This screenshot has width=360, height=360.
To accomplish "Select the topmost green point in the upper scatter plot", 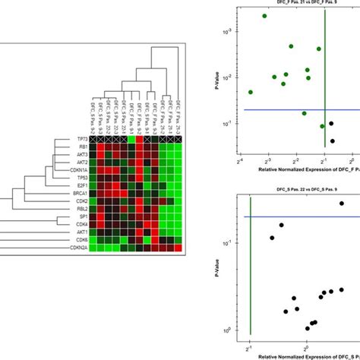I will tap(264, 16).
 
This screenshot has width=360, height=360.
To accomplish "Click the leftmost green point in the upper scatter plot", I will tap(250, 92).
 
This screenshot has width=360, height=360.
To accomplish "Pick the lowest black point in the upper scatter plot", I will tap(331, 134).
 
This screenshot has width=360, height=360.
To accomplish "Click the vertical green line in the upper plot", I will tap(325, 76).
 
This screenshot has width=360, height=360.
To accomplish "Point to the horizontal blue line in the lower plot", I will tap(304, 216).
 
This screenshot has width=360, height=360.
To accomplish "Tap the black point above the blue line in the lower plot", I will tap(342, 203).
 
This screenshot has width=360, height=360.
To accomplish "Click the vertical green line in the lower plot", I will tap(250, 266).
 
